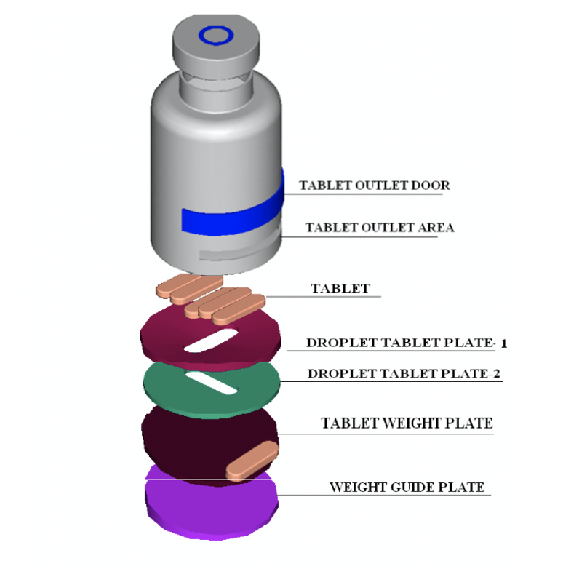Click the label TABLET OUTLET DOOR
[x=374, y=186]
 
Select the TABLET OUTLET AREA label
[x=380, y=228]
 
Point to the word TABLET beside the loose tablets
[x=340, y=288]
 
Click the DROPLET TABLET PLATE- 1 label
[x=407, y=343]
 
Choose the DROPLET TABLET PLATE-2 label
[x=404, y=374]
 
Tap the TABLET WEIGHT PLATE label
[x=407, y=423]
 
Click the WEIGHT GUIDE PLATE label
[x=407, y=487]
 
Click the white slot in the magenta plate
[x=211, y=341]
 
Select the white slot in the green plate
[x=212, y=383]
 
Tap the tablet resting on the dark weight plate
[x=252, y=460]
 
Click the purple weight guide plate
[x=212, y=508]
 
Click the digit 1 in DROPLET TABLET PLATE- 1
[x=503, y=343]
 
